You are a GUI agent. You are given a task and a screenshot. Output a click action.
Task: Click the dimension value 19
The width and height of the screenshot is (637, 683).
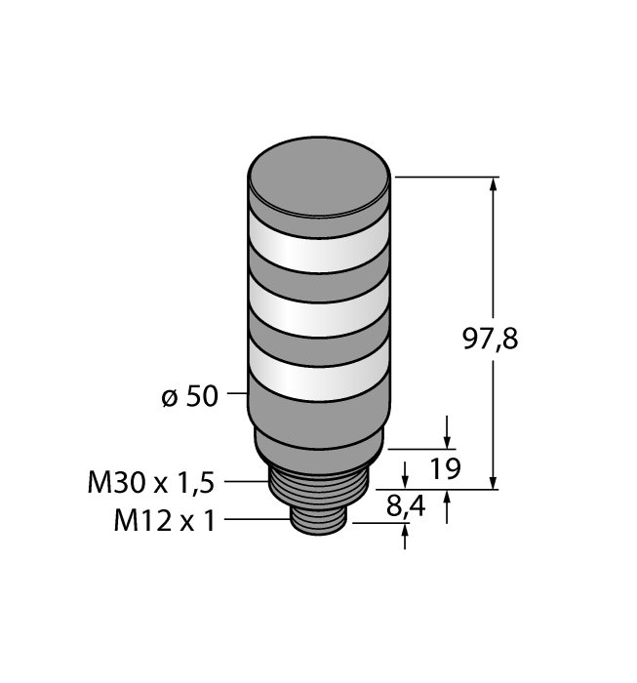pyautogui.click(x=445, y=469)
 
